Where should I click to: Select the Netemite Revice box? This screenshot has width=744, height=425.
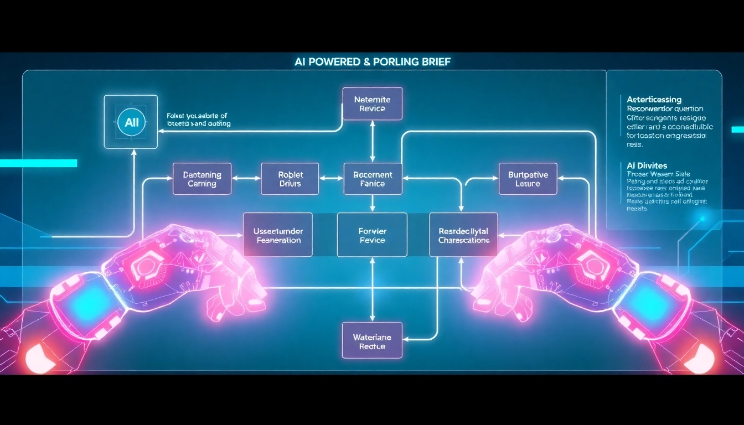coord(373,103)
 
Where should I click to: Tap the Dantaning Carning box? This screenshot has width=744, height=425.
coord(202,179)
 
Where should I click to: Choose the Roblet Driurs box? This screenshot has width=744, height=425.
coord(290,179)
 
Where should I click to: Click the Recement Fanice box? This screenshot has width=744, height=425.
coord(373,179)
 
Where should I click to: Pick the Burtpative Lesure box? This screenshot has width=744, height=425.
coord(528,179)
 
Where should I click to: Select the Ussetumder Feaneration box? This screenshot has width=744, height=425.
coord(277,235)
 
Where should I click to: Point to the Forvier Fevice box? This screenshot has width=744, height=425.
coord(372,235)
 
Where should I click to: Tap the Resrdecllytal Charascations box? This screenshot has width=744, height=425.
coord(463,235)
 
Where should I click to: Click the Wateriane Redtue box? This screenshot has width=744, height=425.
coord(372,341)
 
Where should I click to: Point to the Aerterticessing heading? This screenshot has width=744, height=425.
coord(654,100)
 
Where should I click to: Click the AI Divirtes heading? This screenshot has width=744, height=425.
coord(647,165)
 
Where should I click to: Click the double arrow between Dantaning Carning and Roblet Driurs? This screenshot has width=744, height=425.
coord(246,178)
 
